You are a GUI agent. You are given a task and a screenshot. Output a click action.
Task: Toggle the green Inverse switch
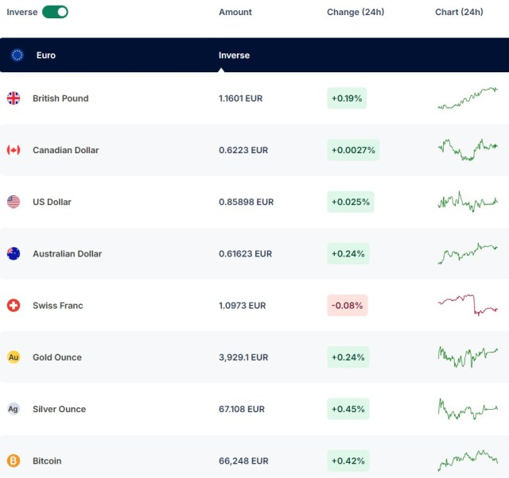click(x=55, y=12)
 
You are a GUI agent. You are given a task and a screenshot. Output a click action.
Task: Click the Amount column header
click(x=235, y=12)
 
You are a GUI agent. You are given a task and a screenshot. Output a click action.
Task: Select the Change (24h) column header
click(x=356, y=12)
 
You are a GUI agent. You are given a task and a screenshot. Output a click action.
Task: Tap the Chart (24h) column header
click(x=459, y=12)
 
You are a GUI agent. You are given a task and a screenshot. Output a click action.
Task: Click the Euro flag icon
click(x=17, y=55)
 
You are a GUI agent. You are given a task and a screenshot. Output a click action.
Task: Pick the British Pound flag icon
click(x=14, y=98)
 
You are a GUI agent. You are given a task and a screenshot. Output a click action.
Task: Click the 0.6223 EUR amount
click(x=243, y=150)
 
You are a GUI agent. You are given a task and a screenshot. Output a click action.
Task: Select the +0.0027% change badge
click(x=353, y=150)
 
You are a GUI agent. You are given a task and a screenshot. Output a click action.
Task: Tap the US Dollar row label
click(x=52, y=202)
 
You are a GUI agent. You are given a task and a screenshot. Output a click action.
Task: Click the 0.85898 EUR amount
click(x=246, y=202)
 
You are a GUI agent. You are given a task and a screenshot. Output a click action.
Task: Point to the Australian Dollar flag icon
click(x=14, y=254)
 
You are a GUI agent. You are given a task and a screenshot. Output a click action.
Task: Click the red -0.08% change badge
click(x=348, y=305)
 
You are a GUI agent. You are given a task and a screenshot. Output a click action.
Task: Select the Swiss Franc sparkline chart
click(x=468, y=305)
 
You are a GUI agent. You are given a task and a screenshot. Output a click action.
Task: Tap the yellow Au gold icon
click(x=14, y=357)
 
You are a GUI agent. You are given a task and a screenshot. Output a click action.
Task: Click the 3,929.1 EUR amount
click(x=243, y=357)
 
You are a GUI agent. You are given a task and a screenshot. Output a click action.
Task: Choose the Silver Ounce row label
click(x=60, y=409)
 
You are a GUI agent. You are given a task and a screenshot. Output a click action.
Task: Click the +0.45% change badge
click(x=348, y=409)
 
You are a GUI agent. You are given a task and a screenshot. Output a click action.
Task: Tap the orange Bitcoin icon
click(x=14, y=461)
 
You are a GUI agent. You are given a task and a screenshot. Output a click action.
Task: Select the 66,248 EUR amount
click(x=243, y=461)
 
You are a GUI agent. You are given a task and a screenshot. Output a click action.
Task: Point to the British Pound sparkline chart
click(x=468, y=98)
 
